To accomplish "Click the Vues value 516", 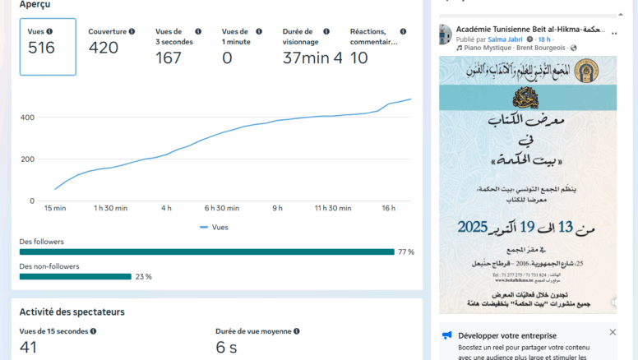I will coord(41,48).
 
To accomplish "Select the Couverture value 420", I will coord(104,48).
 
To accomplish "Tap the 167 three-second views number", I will coord(169,58).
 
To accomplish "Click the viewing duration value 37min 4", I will coord(312,58).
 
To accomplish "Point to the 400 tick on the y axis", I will coord(27,118).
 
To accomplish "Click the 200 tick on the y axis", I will coord(27,159).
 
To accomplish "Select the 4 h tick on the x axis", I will coord(166,209).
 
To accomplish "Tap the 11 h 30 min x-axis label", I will coord(333,209).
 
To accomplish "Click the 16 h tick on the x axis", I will coord(389,209).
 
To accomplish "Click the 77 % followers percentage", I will coord(406,252).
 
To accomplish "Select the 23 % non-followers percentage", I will coord(143,277).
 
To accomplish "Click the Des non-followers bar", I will coord(75,277).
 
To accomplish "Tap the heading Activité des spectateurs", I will coord(72,312).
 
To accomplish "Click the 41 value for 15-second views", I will coord(29,348).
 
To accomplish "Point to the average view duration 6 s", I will coord(226,348).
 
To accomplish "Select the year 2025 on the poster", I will coord(473,226).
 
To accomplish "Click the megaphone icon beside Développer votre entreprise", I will coord(446,335).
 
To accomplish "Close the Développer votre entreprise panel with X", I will coord(613,332).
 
